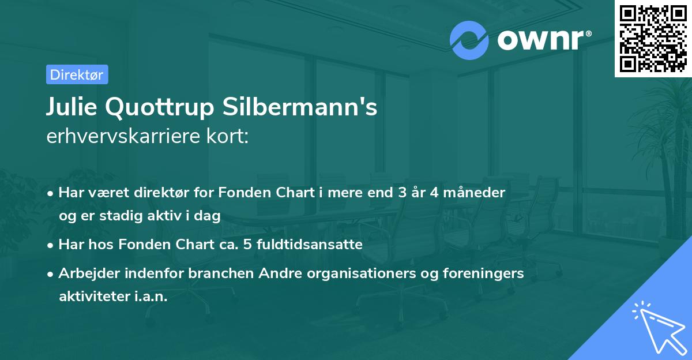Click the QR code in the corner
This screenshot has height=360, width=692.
pos(653,38)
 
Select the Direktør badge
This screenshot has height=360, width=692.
pos(77,74)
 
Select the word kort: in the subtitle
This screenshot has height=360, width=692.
pos(230,137)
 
